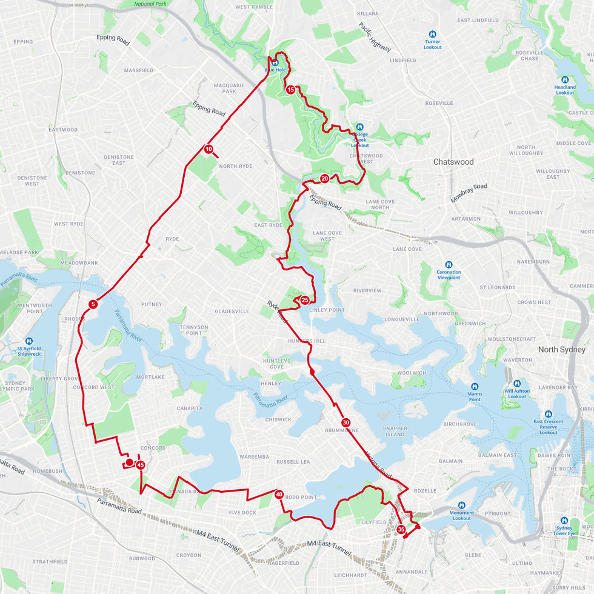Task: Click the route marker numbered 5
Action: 93,304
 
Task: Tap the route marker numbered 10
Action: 209,149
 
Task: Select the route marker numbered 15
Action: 291,90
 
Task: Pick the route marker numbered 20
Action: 325,178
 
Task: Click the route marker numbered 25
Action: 305,300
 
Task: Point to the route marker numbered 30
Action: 345,422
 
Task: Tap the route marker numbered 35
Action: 401,529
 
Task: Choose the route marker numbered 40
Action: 279,494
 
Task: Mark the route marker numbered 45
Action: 141,465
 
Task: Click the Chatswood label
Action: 453,162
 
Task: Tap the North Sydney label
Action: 562,350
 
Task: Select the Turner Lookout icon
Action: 433,35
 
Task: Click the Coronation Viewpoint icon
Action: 449,265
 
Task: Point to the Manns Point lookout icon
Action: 475,386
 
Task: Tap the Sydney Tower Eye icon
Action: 566,521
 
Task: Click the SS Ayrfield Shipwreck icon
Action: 29,341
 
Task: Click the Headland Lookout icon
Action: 565,79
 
